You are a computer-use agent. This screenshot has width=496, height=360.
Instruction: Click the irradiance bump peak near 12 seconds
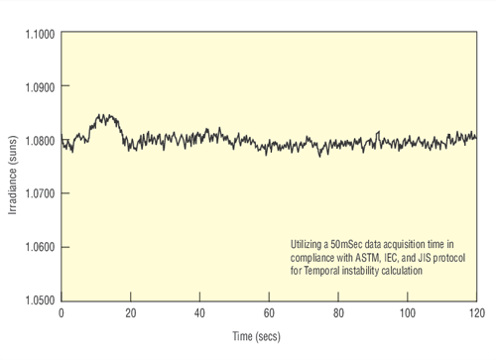[104, 116]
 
